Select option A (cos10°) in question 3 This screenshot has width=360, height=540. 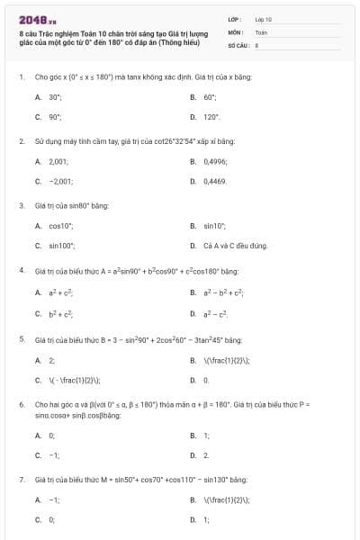click(x=60, y=225)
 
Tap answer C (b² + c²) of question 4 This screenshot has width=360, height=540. click(x=58, y=313)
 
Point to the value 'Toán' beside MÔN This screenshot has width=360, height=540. click(x=261, y=31)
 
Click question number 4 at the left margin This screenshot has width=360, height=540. click(x=21, y=271)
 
